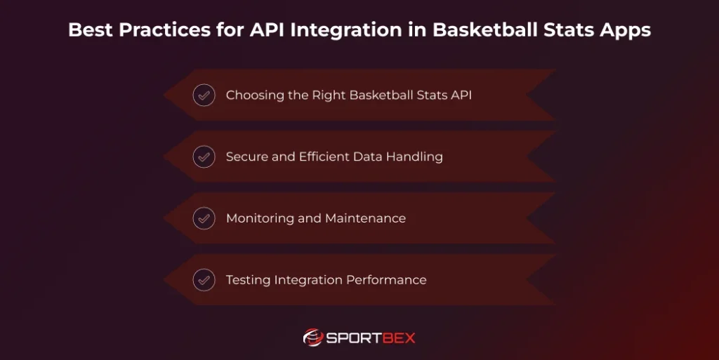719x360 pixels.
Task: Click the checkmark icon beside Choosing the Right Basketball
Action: (x=204, y=95)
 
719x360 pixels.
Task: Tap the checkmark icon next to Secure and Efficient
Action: (x=204, y=156)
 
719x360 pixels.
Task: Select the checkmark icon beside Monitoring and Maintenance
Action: (x=204, y=218)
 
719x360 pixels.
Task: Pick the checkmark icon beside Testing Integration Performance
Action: (x=204, y=280)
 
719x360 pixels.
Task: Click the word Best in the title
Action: (x=87, y=31)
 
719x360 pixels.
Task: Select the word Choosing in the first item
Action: (x=255, y=95)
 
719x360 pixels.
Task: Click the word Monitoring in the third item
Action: (x=260, y=218)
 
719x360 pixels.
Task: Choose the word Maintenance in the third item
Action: (x=365, y=218)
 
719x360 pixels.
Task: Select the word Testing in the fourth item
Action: (x=247, y=280)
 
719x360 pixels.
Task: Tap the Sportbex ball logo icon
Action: (x=312, y=338)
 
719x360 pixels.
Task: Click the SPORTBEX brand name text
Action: (x=371, y=338)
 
